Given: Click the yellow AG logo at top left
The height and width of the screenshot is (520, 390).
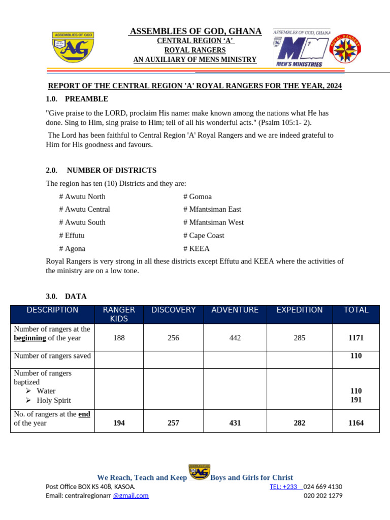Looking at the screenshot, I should tap(73, 47).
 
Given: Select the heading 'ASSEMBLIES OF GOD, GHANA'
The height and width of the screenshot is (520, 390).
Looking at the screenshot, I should tap(196, 31).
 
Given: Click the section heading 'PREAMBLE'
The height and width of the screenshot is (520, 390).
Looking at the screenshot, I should tap(86, 99).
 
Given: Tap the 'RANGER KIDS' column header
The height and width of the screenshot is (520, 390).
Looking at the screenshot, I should tap(119, 314).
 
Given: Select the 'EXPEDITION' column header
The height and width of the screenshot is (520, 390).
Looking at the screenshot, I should tap(299, 310).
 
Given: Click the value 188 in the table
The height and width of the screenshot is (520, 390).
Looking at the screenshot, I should tap(119, 338).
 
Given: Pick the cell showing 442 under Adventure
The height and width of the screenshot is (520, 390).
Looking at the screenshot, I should tap(235, 338).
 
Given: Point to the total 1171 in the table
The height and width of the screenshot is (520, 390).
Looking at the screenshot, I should tap(355, 338).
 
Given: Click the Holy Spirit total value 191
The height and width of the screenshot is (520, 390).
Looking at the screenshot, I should tap(355, 400).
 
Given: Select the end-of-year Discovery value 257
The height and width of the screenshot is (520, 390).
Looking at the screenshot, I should tap(173, 423).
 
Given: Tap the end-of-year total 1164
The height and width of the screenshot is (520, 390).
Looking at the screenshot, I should tap(355, 423).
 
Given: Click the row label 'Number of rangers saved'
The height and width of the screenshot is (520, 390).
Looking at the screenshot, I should tap(52, 356).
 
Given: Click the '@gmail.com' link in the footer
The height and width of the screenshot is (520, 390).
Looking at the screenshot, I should tap(131, 496).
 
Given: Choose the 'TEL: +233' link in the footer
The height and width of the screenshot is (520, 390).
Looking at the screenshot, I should tap(284, 486).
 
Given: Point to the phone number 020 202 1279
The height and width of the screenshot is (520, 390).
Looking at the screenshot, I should tap(323, 496).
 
